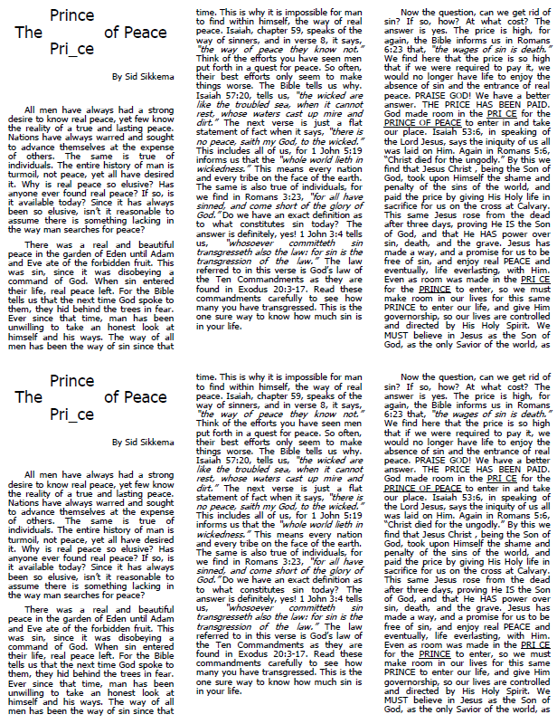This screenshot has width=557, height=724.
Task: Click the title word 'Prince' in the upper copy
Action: point(72,15)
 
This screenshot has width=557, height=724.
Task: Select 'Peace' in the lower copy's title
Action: point(146,397)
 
